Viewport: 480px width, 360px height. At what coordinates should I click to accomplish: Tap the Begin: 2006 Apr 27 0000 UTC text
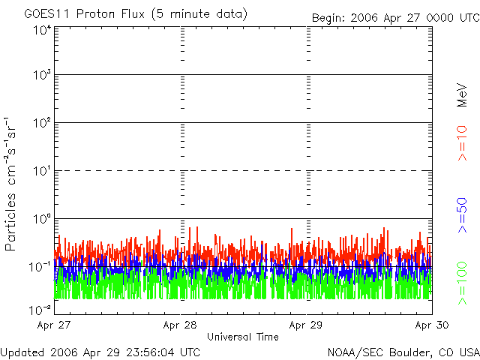click(x=394, y=16)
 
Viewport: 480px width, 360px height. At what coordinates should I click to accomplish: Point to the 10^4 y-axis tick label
click(x=42, y=31)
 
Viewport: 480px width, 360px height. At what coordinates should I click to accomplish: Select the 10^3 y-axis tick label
click(x=42, y=75)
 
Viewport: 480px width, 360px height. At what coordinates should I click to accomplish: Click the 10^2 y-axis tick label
click(x=42, y=123)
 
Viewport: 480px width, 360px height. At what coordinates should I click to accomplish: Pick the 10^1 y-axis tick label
click(x=42, y=171)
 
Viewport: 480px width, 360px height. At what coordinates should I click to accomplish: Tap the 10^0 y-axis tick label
click(x=42, y=219)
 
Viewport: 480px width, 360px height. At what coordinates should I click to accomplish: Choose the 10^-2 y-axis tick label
click(x=40, y=310)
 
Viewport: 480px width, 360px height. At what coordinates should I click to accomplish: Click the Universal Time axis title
click(x=243, y=337)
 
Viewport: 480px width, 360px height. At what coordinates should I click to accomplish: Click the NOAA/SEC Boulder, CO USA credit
click(x=403, y=352)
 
